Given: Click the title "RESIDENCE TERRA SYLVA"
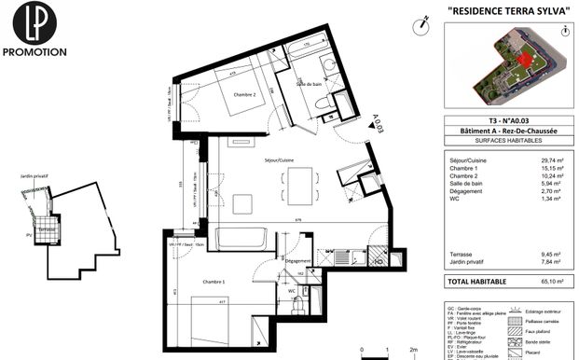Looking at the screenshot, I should click(508, 9).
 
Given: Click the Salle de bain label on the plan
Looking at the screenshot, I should click(308, 84).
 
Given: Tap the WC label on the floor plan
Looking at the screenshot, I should click(292, 290).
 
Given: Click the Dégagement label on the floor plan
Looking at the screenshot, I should click(297, 262).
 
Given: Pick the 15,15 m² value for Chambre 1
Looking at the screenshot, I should click(547, 169).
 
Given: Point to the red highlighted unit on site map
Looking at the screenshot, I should click(528, 61).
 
